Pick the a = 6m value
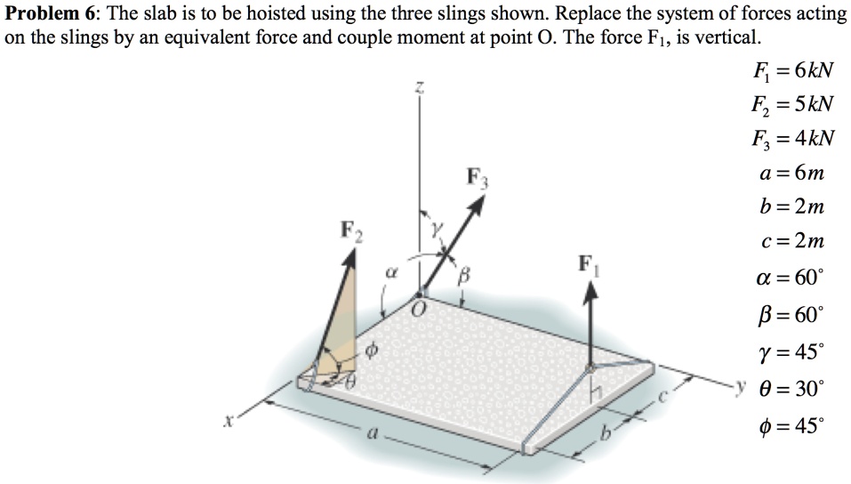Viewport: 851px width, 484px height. tap(791, 173)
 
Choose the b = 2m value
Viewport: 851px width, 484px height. tap(791, 206)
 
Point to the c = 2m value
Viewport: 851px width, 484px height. tap(791, 241)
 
